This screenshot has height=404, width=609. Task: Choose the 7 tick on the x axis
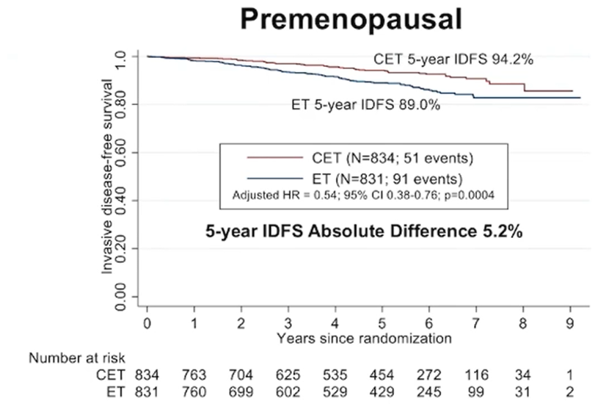(475, 323)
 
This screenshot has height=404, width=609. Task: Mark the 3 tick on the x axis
(288, 323)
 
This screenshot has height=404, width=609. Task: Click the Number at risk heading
(78, 358)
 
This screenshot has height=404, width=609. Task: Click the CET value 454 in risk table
(382, 374)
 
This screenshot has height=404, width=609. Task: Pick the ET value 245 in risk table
(429, 390)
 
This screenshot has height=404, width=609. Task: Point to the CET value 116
(475, 374)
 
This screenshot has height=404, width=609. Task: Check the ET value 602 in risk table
(288, 390)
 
